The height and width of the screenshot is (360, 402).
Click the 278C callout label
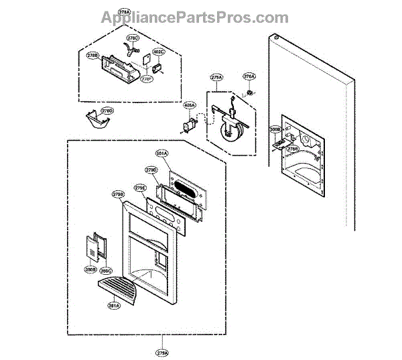133,39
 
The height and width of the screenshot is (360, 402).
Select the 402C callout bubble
158,52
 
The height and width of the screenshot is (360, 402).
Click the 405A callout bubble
190,105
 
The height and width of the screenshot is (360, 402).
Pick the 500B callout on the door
275,129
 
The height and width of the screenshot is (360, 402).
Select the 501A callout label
161,154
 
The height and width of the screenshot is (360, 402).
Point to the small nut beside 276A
249,91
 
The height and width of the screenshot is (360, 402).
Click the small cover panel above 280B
91,247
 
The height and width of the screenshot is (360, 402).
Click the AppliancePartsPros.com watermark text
195,18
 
